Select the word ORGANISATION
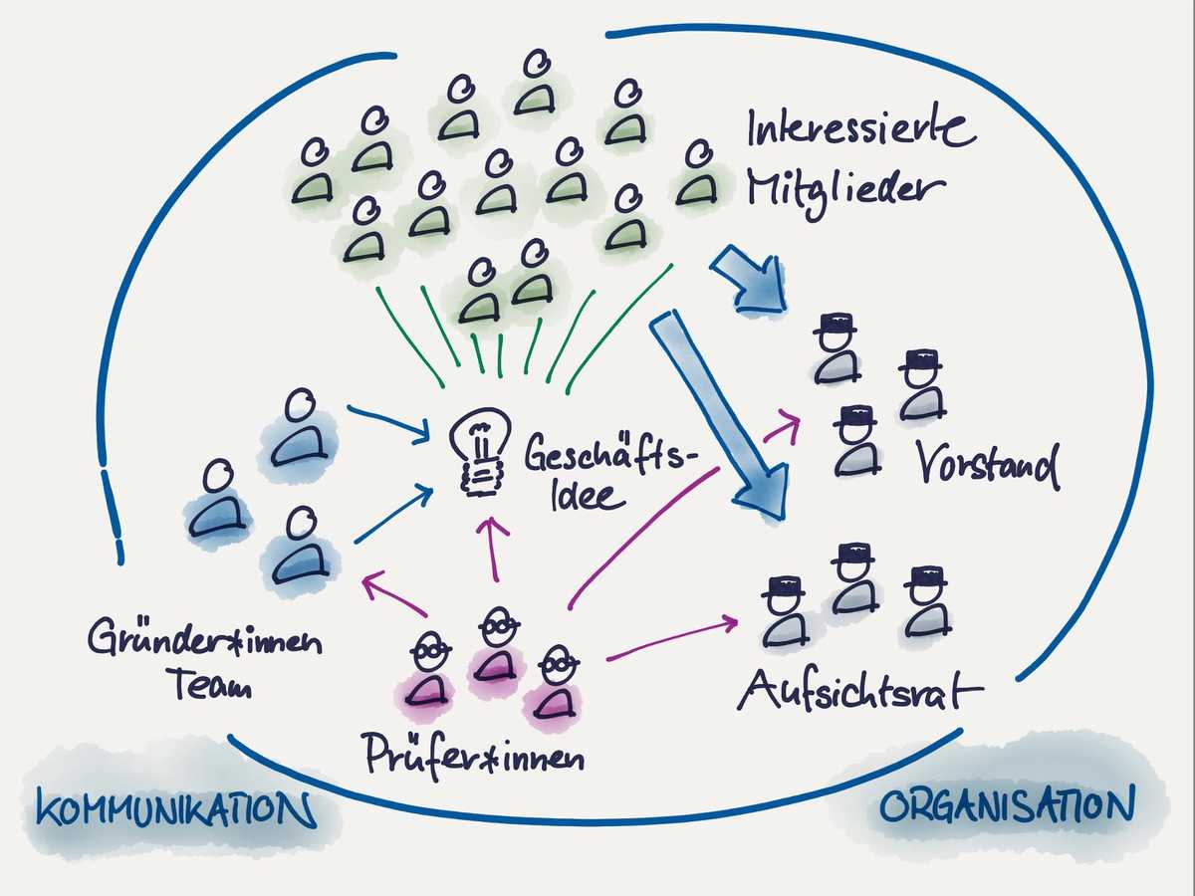pyautogui.click(x=1006, y=806)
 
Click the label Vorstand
pyautogui.click(x=986, y=465)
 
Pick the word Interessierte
pyautogui.click(x=860, y=129)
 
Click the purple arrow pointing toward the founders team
pyautogui.click(x=398, y=593)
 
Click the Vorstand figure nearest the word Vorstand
pyautogui.click(x=921, y=384)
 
